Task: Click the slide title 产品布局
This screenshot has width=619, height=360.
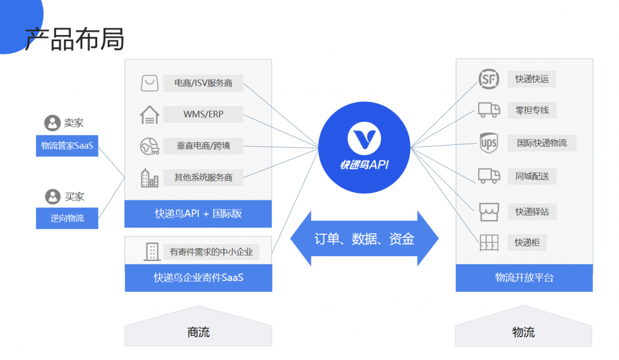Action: click(74, 39)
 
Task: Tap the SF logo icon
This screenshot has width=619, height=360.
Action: click(488, 79)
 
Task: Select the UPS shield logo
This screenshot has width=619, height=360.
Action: click(488, 143)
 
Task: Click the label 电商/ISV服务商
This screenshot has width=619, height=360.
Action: click(203, 83)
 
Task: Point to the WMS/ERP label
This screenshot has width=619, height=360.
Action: click(203, 114)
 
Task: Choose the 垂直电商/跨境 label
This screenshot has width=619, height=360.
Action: click(203, 146)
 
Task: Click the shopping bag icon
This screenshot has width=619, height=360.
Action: click(149, 83)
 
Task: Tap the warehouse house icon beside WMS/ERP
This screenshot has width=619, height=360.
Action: click(149, 114)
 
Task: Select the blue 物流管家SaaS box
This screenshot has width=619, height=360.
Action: click(67, 146)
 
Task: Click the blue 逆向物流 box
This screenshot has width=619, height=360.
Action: click(67, 218)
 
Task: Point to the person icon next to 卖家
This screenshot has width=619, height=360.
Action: click(52, 123)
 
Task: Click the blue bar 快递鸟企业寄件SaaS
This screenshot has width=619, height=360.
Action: click(198, 278)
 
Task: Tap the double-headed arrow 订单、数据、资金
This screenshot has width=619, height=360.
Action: click(364, 239)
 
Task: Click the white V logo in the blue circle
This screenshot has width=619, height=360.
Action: click(364, 138)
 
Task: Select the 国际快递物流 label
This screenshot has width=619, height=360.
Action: click(542, 143)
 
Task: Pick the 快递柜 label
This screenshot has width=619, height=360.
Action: click(527, 243)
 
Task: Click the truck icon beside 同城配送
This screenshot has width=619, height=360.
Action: click(488, 176)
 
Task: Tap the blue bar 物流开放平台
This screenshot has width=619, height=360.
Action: click(524, 278)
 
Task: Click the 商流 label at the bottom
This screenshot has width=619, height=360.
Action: click(198, 332)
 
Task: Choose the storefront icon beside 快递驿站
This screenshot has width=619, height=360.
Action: click(488, 211)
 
